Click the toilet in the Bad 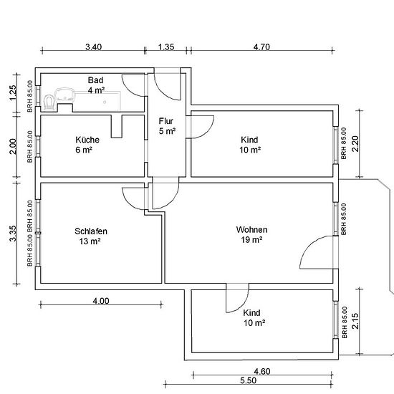click(x=49, y=102)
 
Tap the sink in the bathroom click(x=64, y=95)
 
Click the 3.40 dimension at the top click(x=93, y=47)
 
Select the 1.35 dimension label click(x=166, y=47)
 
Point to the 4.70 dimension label click(x=261, y=47)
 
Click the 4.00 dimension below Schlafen click(x=101, y=301)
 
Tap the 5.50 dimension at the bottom click(x=249, y=380)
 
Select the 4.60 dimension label click(x=262, y=371)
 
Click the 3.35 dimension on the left click(x=13, y=234)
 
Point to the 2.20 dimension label click(x=355, y=144)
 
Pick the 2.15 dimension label click(x=355, y=321)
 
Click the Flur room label click(x=166, y=121)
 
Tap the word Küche click(x=87, y=140)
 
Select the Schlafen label click(x=91, y=231)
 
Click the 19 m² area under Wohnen click(x=251, y=240)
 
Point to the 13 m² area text click(x=90, y=241)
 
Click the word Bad click(x=95, y=80)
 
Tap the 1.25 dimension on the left click(x=13, y=92)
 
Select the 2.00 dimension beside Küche click(x=13, y=146)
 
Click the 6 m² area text click(x=84, y=150)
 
